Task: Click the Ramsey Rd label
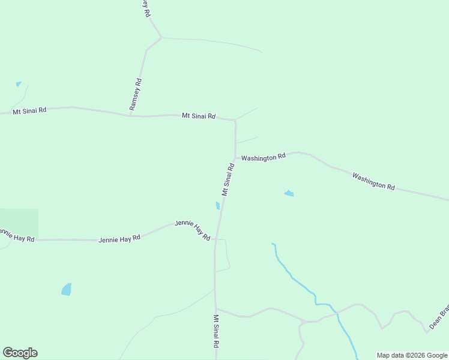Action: coord(136,94)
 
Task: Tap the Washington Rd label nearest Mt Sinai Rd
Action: coord(264,157)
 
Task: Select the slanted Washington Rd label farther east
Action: coord(373,181)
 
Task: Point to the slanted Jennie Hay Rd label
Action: coord(192,230)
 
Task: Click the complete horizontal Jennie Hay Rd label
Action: coord(119,238)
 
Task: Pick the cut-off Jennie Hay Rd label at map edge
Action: coord(17,235)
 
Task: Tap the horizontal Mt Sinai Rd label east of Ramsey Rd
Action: coord(199,116)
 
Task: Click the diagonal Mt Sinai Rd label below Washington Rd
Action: coord(227,179)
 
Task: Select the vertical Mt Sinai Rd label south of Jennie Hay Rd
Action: coord(216,331)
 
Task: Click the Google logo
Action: coord(20,353)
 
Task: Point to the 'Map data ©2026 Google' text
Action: coord(412,355)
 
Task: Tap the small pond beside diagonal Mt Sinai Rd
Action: coord(217,206)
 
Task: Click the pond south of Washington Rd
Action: coord(289,193)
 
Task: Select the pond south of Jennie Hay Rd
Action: coord(67,289)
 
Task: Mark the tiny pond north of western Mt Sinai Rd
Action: coord(18,84)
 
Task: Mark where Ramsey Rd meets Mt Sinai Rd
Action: coord(130,115)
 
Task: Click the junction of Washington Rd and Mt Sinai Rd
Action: coord(235,158)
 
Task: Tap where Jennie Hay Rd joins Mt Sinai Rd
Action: coord(215,239)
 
